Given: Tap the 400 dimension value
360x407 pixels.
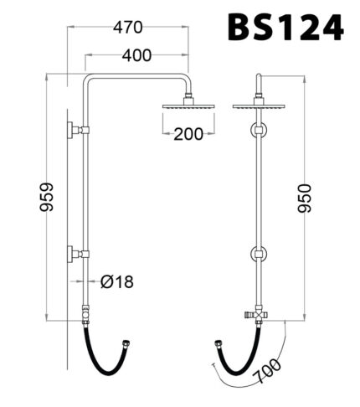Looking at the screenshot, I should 136,56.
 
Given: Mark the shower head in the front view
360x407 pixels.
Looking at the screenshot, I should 260,107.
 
